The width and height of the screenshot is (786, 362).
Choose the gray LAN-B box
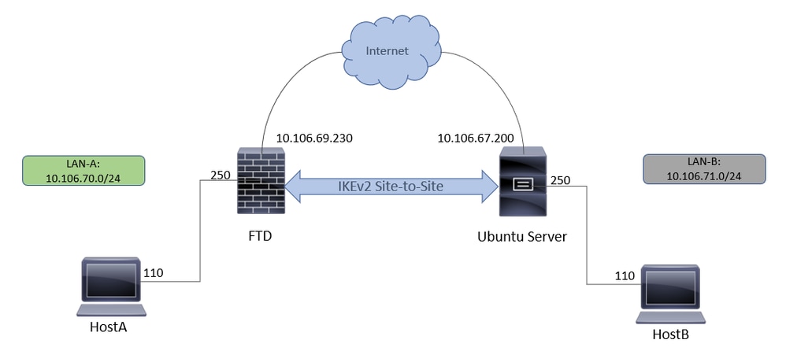coord(703,168)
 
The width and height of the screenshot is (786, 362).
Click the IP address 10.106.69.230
coord(313,139)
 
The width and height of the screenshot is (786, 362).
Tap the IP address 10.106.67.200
coord(476,139)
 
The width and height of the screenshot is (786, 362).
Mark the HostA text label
coord(109,327)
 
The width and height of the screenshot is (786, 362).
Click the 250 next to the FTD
coord(220,175)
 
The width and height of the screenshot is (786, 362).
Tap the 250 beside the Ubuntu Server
coord(562,180)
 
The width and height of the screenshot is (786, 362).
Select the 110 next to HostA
coord(154,275)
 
